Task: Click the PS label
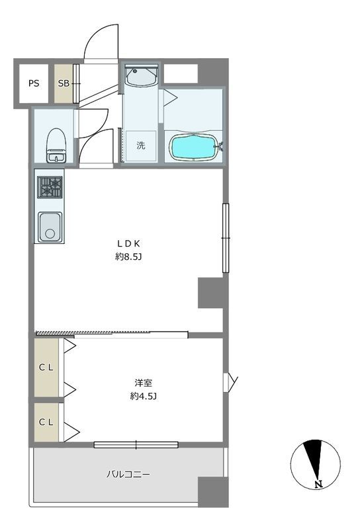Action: tap(34, 83)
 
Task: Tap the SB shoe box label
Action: tap(63, 83)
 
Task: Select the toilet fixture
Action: tap(56, 145)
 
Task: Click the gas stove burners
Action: tap(50, 187)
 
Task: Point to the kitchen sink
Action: tap(50, 227)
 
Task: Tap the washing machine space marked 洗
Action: tap(141, 145)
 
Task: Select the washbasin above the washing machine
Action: tap(141, 76)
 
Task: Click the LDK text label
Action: tap(128, 243)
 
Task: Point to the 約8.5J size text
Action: tap(128, 257)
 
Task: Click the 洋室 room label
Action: tap(143, 383)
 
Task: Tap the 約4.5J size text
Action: tap(143, 396)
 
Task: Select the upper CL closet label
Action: tap(46, 368)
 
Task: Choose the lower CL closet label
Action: tap(46, 422)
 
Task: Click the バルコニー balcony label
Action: tap(128, 474)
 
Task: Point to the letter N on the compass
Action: tap(318, 485)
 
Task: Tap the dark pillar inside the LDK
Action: tap(210, 293)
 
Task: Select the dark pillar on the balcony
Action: tap(213, 492)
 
